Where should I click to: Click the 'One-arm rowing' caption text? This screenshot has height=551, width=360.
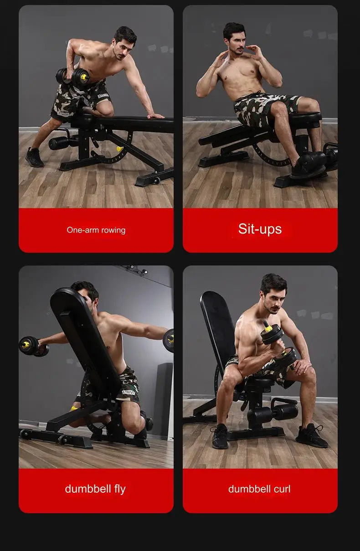click(96, 230)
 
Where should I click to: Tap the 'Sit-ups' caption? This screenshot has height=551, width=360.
click(260, 229)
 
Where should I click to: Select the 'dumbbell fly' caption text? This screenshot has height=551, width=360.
click(95, 489)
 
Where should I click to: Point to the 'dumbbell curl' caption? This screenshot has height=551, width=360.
click(259, 489)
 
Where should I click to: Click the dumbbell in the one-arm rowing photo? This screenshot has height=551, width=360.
click(72, 77)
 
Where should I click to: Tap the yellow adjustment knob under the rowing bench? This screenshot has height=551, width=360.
click(120, 149)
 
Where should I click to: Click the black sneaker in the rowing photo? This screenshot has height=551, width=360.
click(34, 157)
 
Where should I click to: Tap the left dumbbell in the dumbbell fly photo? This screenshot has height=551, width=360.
click(34, 346)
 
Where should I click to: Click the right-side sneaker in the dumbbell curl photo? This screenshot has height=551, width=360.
click(311, 436)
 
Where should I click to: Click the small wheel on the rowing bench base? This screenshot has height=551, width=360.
click(156, 180)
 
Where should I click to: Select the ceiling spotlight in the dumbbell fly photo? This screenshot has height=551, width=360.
click(144, 271)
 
